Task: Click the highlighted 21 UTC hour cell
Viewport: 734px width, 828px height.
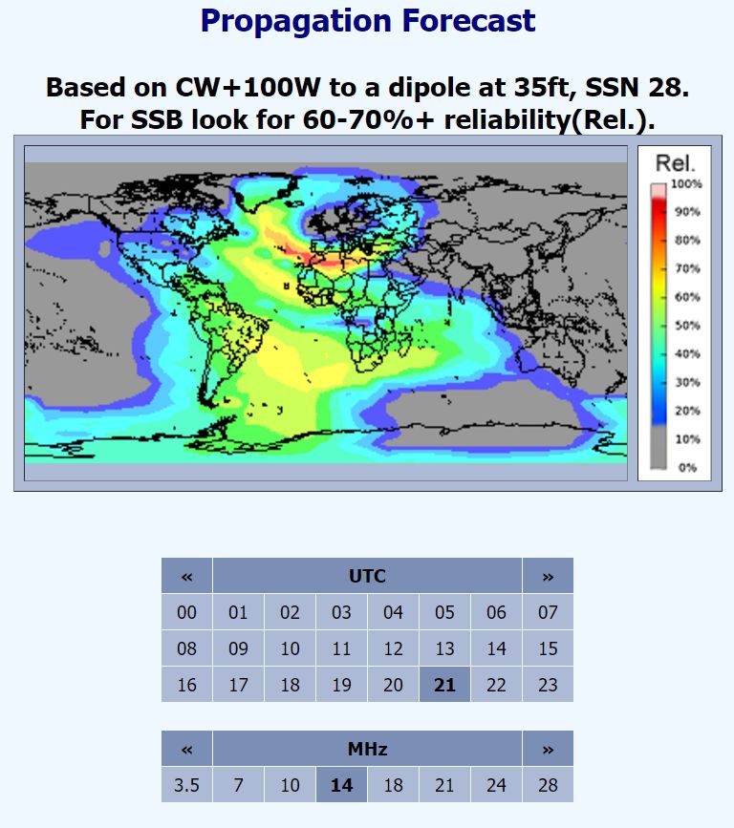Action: (x=444, y=685)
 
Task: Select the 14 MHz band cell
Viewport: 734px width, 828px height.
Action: (x=341, y=785)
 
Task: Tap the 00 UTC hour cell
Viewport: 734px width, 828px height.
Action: (x=186, y=612)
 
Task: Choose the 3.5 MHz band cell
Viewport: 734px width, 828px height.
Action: (x=186, y=785)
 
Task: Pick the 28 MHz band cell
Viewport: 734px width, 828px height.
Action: (x=548, y=785)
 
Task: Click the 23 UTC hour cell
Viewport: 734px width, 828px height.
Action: (x=548, y=685)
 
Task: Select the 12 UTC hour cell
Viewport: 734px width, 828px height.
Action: (x=393, y=648)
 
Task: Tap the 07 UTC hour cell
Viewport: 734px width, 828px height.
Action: (x=548, y=612)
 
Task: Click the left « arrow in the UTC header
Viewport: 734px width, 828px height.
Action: (x=186, y=576)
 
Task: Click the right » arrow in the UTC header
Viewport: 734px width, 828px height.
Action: (x=548, y=576)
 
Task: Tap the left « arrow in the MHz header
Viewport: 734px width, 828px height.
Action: (x=186, y=749)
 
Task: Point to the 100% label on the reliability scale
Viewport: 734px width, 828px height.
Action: (x=686, y=183)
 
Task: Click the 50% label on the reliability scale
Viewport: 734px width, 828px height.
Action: (x=687, y=326)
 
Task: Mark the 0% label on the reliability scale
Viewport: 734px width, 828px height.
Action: (x=687, y=467)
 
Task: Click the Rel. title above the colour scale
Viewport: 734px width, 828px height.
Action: (x=675, y=163)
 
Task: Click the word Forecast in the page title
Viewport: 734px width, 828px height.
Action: (x=468, y=21)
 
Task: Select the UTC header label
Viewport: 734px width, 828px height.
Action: (x=367, y=576)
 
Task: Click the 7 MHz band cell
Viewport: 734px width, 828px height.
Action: (x=238, y=785)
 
